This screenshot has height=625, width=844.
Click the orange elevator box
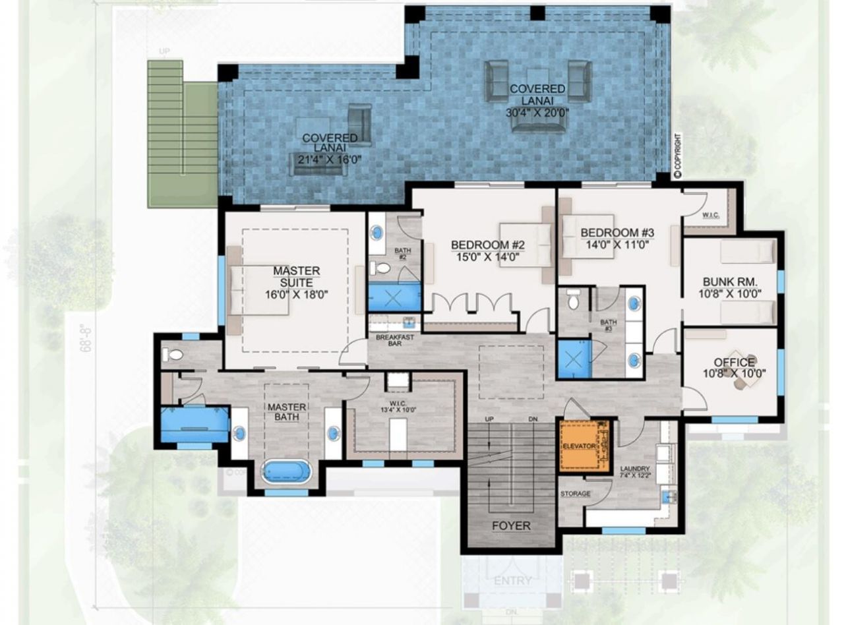coord(578,446)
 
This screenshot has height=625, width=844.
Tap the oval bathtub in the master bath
coord(286,472)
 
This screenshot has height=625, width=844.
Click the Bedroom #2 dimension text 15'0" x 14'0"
coord(488,257)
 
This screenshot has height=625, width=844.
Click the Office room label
coord(734,363)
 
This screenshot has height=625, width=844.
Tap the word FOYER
coord(511,525)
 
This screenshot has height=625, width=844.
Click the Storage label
coord(575,494)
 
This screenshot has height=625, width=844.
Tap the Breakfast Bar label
coord(395,340)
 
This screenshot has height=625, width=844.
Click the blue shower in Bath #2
coord(394,297)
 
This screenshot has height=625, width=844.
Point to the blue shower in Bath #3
coord(574,359)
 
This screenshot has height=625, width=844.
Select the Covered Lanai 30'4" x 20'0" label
coord(537,100)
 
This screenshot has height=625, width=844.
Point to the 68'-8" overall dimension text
coord(85,338)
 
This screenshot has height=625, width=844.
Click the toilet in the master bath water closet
coord(173,355)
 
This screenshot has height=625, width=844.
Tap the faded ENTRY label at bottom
coord(512,581)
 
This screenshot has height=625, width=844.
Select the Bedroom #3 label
coord(617,233)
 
